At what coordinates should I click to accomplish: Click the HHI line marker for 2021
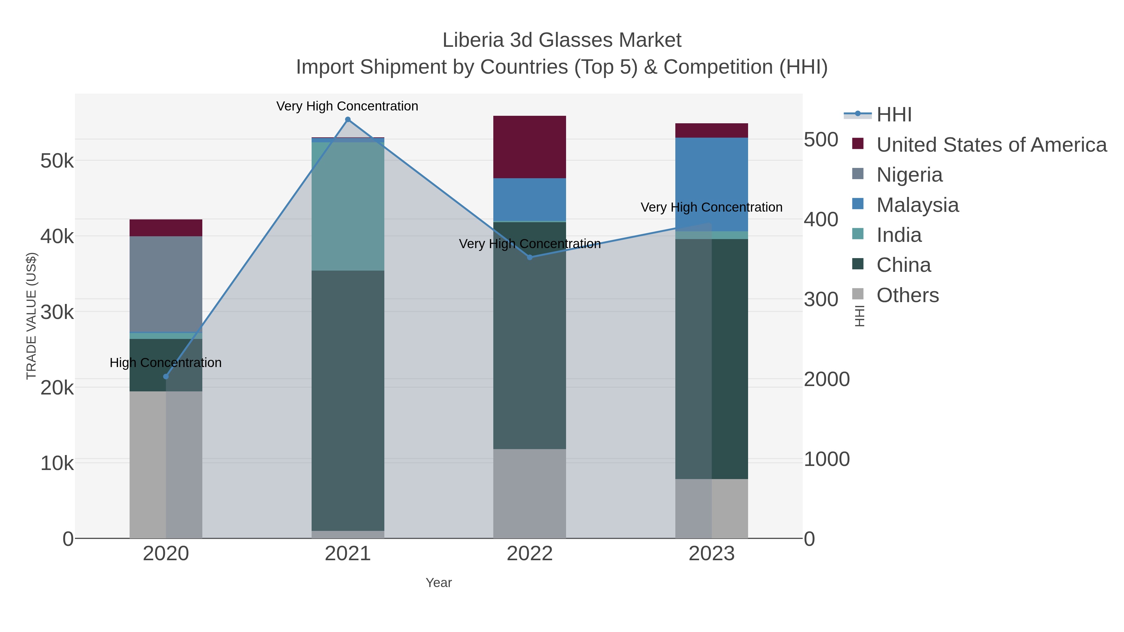pos(348,120)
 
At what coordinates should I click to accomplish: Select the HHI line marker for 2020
pos(166,376)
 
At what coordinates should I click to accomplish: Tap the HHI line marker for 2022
pos(530,257)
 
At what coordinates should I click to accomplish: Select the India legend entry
pos(899,235)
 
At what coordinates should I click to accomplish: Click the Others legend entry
pos(908,295)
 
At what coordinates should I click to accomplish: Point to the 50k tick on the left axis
pos(57,161)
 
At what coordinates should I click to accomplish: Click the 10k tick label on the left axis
pos(57,463)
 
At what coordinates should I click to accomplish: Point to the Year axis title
pos(439,583)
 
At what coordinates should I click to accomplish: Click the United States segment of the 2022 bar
pos(530,147)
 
